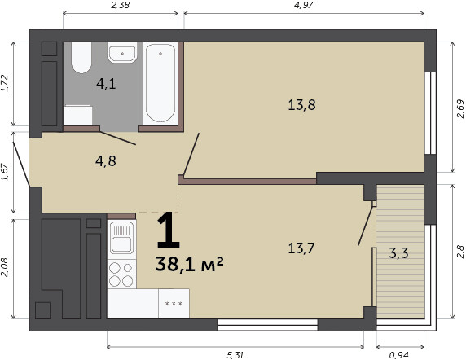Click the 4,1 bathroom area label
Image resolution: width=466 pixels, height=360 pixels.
point(106,84)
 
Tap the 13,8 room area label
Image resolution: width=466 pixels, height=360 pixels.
point(301,105)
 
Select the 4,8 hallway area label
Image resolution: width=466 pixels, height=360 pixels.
point(106,161)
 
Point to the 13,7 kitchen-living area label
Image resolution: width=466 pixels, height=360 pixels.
point(301,248)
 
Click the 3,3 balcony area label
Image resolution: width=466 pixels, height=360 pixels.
point(399,253)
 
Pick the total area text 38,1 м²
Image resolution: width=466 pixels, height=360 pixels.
point(189,264)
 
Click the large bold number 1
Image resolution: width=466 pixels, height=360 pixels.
point(168,230)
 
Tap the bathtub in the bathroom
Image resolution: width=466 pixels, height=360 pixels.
point(160,83)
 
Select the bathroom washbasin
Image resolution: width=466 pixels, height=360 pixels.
point(122,53)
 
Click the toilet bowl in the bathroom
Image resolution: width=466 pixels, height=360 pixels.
point(81,58)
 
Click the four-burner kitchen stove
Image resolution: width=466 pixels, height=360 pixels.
point(121,274)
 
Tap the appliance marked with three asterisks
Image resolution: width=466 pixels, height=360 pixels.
point(174,304)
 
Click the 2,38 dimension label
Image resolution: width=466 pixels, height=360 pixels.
point(121,5)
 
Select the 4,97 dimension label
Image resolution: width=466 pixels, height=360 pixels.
point(304,5)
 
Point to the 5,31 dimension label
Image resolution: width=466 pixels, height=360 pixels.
point(235,355)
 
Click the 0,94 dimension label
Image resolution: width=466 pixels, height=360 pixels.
point(399,355)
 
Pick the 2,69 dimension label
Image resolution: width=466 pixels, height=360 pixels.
point(460,108)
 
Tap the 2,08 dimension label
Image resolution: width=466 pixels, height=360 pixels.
point(5,267)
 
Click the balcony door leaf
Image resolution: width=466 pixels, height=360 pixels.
point(366,224)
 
